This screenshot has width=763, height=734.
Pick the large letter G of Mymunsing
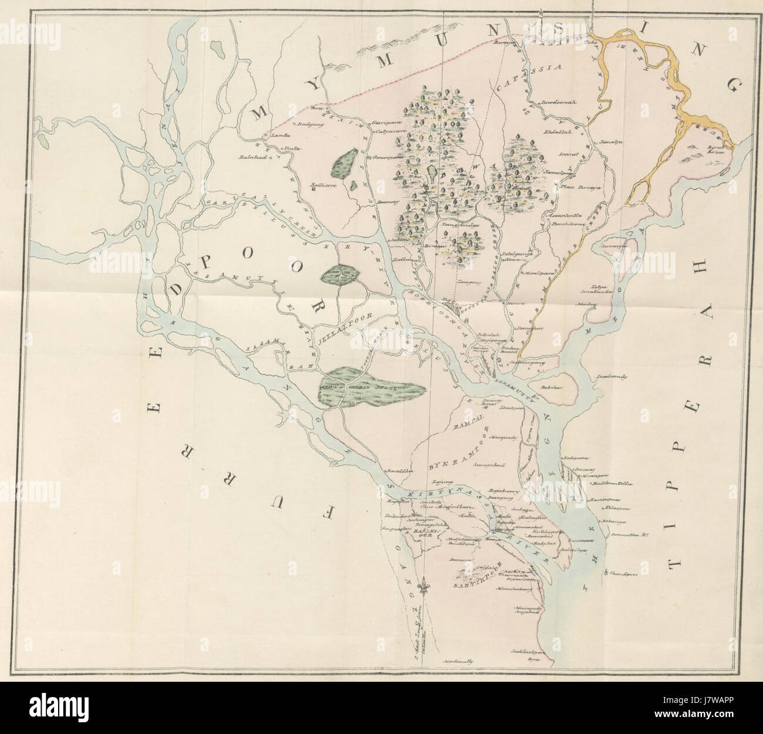(x=734, y=87)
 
